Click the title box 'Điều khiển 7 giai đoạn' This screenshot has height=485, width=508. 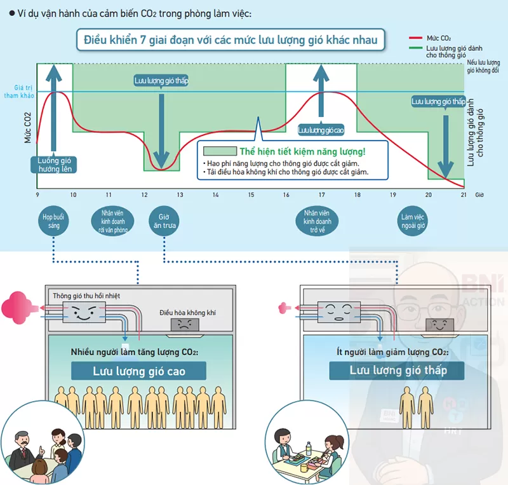tap(231, 41)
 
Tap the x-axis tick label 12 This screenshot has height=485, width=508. tap(144, 195)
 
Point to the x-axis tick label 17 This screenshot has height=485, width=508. tap(321, 195)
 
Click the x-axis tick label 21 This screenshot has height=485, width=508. tap(464, 195)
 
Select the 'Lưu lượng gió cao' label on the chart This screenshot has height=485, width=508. tap(321, 130)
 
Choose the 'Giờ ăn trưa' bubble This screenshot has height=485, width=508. tap(164, 221)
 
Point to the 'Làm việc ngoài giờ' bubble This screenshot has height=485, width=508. tap(413, 221)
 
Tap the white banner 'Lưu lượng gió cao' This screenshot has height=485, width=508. tap(139, 371)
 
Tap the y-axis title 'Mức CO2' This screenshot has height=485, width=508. tap(27, 128)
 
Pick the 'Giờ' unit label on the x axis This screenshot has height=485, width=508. tap(480, 195)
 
